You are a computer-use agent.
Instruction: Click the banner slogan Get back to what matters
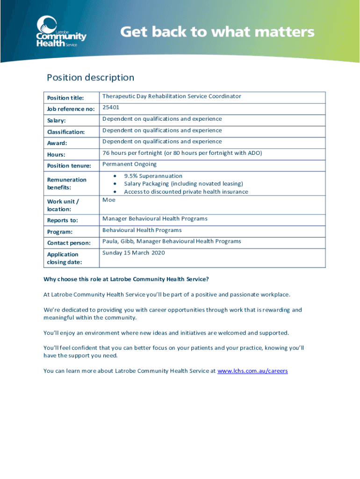[217, 32]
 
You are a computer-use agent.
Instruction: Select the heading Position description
[90, 78]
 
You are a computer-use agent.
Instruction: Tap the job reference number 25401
[111, 108]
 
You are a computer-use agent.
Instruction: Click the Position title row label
[65, 98]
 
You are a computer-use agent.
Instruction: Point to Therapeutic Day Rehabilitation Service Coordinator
[172, 96]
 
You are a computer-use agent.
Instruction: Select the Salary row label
[57, 121]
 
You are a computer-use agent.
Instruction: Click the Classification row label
[66, 132]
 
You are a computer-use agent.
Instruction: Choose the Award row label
[57, 143]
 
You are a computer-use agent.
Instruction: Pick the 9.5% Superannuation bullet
[153, 176]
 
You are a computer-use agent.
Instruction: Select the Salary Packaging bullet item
[183, 184]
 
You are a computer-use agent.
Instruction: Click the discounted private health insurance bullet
[186, 192]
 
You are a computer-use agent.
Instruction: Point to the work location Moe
[109, 200]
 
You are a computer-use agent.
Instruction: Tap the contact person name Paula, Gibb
[119, 241]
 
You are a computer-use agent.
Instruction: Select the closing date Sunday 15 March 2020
[134, 253]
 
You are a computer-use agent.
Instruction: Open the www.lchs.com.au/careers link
[252, 371]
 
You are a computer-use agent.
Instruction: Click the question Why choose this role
[126, 279]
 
